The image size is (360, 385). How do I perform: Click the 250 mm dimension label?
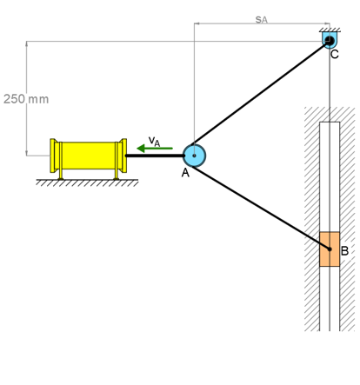pyautogui.click(x=26, y=99)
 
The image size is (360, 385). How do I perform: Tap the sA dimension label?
pyautogui.click(x=262, y=19)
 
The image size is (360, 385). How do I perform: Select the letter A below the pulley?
pyautogui.click(x=185, y=173)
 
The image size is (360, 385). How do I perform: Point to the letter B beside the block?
pyautogui.click(x=344, y=250)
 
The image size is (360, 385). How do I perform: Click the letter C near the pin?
pyautogui.click(x=335, y=54)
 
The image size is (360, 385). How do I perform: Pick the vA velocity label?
pyautogui.click(x=154, y=141)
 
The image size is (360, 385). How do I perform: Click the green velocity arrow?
pyautogui.click(x=155, y=149)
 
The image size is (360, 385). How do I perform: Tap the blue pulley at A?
pyautogui.click(x=194, y=156)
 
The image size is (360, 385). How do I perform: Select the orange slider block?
pyautogui.click(x=330, y=249)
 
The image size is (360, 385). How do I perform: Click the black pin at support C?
pyautogui.click(x=330, y=40)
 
